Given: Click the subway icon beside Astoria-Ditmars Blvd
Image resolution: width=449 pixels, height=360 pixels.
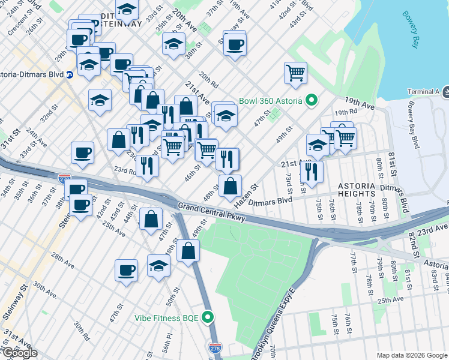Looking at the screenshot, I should (x=70, y=75).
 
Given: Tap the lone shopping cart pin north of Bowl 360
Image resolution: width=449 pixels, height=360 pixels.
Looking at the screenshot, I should (x=295, y=73).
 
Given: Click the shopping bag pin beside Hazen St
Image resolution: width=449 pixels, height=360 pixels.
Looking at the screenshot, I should (x=230, y=186).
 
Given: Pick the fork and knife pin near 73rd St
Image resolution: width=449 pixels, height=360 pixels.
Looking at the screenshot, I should (x=312, y=172).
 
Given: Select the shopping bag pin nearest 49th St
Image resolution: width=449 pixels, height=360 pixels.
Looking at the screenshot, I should (x=188, y=251).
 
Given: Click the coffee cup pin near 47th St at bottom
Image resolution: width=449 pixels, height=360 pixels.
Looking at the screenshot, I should (x=126, y=270).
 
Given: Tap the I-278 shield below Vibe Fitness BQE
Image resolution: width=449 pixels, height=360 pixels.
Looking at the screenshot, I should (x=214, y=347).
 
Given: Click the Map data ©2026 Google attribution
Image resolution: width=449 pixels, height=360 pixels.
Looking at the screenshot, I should (x=411, y=355).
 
